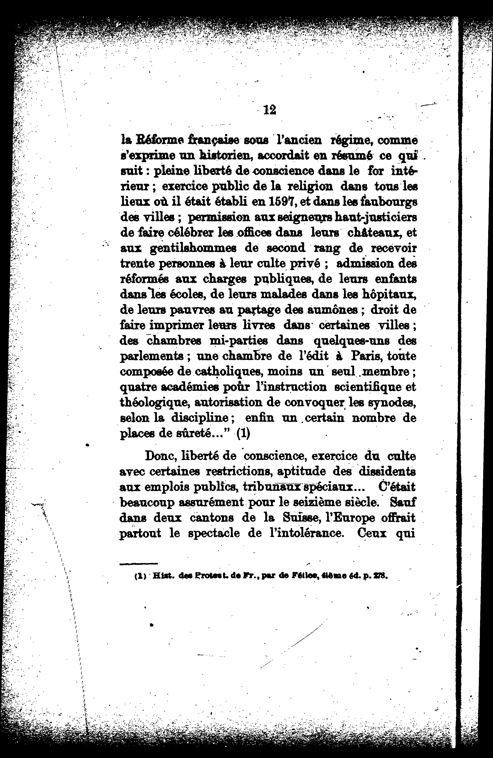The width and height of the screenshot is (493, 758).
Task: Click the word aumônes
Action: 327,310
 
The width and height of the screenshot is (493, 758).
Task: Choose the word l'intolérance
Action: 306,533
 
